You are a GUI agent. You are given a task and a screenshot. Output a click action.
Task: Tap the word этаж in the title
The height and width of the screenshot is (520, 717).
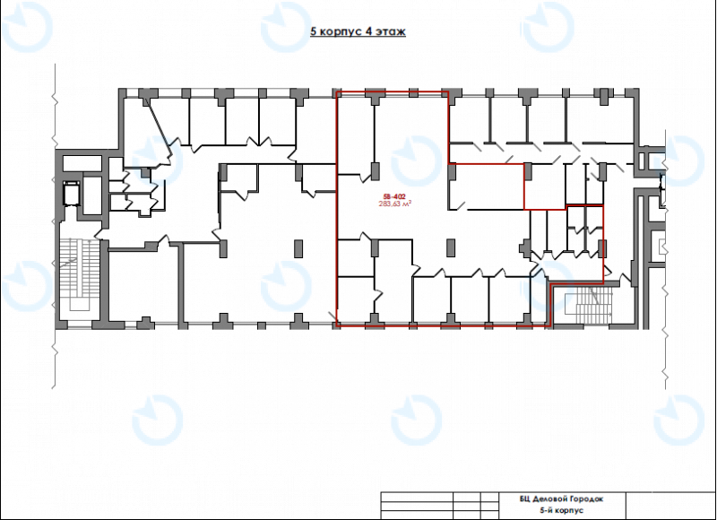[391, 31]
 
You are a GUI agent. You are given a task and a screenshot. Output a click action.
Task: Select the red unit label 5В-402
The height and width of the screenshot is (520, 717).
[394, 197]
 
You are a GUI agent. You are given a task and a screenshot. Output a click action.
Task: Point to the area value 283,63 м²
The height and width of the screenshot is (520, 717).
[394, 204]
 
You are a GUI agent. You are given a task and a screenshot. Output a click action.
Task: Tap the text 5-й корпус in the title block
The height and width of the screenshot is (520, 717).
[562, 510]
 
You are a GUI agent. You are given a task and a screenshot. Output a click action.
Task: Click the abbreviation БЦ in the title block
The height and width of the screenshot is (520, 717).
[525, 499]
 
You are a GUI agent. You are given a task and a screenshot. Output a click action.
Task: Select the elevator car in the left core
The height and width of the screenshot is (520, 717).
[73, 194]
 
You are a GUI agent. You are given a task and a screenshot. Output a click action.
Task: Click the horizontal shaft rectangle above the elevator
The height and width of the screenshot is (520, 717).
[82, 163]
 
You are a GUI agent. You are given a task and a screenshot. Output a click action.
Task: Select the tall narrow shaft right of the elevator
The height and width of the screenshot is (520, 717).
[92, 195]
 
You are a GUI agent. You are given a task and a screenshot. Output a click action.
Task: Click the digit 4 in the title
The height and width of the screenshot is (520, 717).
[369, 31]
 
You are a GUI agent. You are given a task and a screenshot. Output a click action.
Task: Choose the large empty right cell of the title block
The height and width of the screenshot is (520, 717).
[669, 506]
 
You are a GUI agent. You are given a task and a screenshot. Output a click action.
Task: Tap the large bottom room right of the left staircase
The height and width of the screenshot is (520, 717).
[142, 285]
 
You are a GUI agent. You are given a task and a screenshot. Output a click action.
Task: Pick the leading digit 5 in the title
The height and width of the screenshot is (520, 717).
[313, 31]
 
